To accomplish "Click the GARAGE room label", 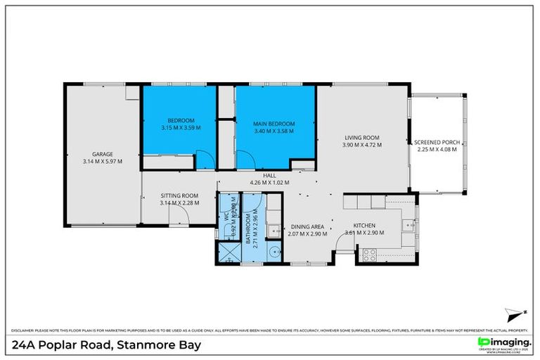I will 103,154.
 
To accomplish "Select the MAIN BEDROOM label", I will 274,124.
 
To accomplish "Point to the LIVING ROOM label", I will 361,138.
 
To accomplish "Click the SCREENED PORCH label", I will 437,142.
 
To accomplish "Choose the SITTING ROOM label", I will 179,195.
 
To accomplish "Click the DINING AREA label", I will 308,226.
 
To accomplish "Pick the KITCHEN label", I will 364,226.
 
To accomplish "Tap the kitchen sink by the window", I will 407,225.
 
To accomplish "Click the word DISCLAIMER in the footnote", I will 25,329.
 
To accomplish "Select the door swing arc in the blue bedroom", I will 202,161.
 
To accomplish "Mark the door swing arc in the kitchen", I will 344,243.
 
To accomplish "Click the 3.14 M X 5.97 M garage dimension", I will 103,161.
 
